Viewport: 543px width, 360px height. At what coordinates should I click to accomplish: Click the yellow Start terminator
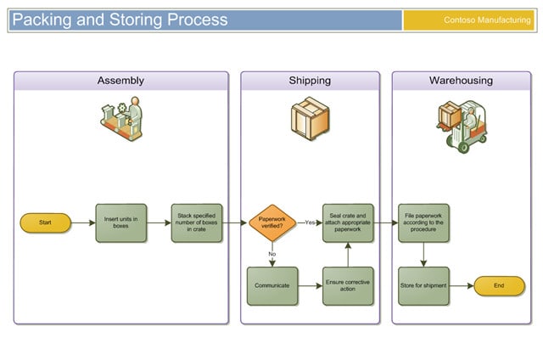point(45,222)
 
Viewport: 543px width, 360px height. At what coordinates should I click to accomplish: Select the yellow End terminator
point(498,286)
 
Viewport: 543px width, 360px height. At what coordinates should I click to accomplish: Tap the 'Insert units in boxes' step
point(120,222)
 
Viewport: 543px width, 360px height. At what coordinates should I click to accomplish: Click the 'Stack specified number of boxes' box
point(196,222)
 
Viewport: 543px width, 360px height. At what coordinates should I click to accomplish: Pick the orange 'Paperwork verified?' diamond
point(272,222)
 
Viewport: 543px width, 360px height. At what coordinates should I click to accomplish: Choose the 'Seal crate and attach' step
point(347,222)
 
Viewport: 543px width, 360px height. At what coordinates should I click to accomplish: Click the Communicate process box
point(271,286)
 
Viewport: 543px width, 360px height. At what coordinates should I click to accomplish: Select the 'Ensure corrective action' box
point(347,286)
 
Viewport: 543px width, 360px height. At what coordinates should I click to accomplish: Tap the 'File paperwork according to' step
point(423,222)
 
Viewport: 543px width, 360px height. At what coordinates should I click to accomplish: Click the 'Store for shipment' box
point(423,286)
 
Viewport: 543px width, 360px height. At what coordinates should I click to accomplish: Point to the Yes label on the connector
point(309,222)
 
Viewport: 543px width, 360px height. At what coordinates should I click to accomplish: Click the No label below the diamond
point(272,253)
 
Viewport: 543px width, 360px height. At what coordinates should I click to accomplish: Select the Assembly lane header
point(120,81)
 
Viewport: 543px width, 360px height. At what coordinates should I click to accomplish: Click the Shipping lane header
point(310,81)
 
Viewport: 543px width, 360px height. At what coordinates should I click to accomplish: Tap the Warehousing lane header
point(461,81)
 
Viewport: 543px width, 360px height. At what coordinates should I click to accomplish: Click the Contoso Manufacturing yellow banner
point(468,20)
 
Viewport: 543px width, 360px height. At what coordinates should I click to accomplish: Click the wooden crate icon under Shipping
point(309,118)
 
